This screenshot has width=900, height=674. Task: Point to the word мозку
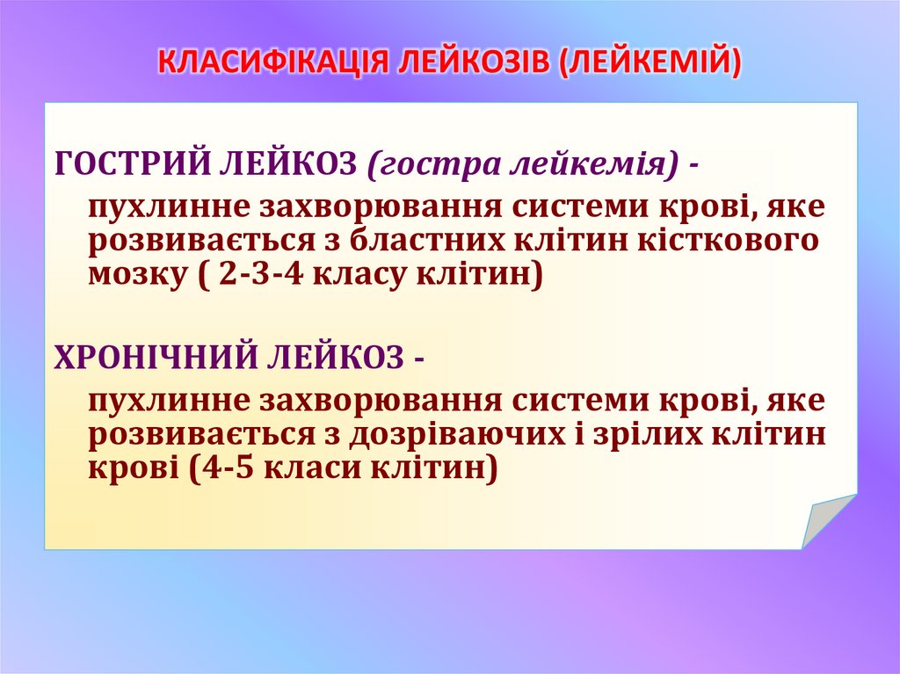(x=133, y=275)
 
